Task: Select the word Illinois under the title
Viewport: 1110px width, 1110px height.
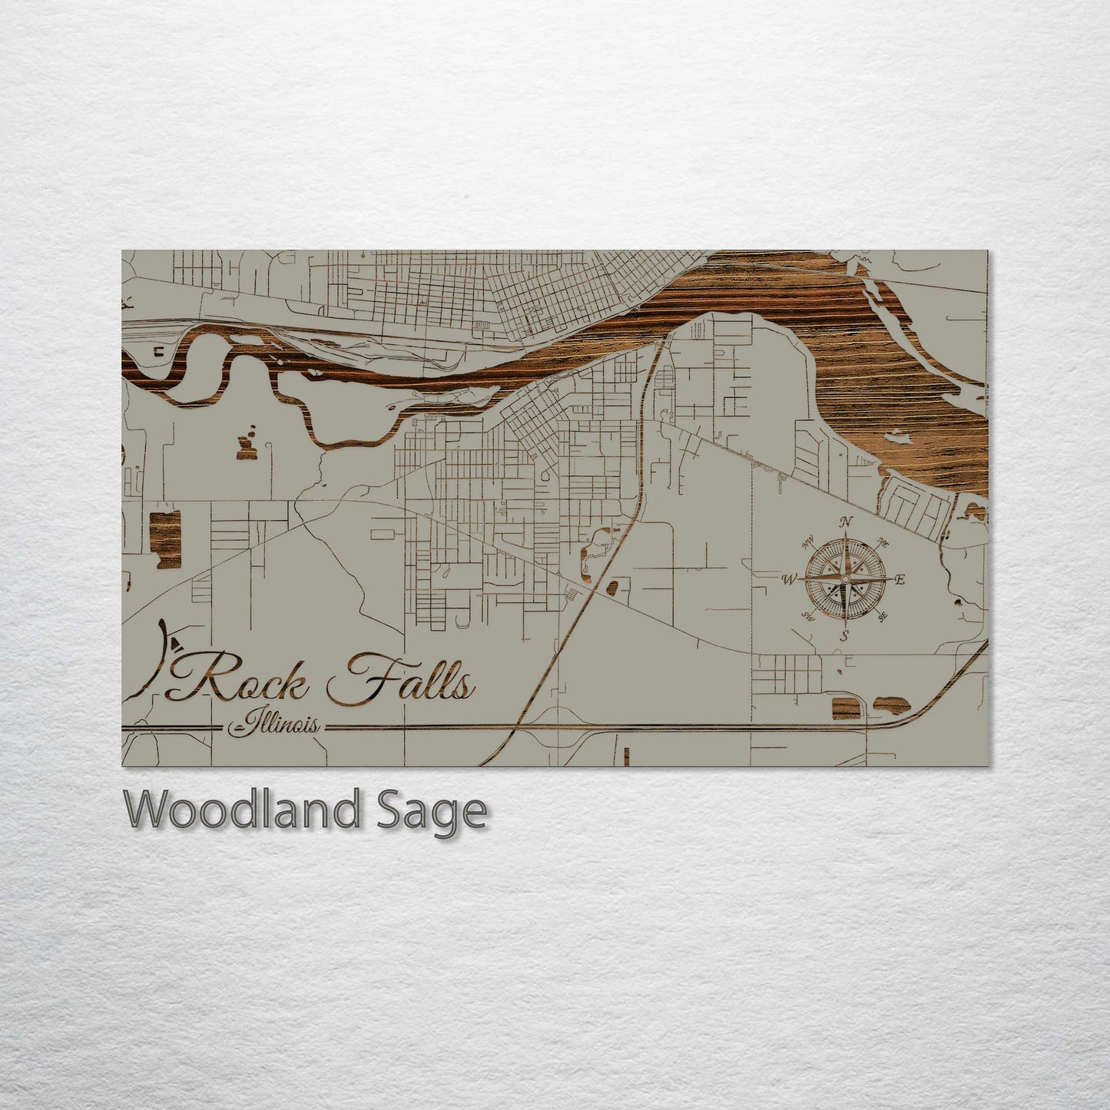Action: pos(279,724)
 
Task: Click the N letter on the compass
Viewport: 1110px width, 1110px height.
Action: pos(847,522)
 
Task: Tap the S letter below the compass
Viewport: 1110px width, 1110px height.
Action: pos(844,636)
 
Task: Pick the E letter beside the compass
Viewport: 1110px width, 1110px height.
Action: pos(900,580)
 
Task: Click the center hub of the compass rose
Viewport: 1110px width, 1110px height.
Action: pos(845,578)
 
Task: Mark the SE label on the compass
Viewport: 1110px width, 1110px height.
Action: pos(883,616)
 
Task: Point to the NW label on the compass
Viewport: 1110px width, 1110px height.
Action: pos(807,545)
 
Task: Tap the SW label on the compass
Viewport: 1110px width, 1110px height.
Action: pos(807,615)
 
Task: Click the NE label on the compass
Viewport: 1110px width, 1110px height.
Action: pos(883,544)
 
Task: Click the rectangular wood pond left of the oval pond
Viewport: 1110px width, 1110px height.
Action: pos(844,707)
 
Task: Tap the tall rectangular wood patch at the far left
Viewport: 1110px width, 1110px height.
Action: pos(164,538)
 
